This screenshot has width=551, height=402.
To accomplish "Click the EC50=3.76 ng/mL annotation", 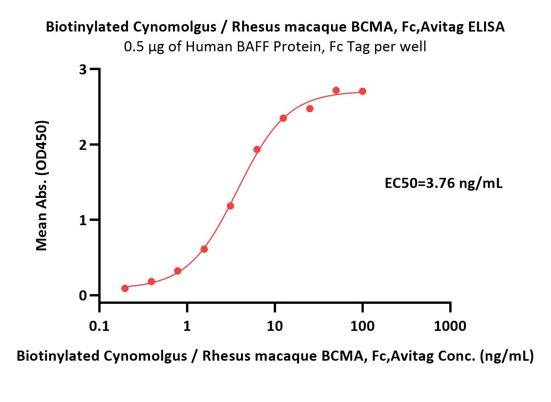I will point(443,183).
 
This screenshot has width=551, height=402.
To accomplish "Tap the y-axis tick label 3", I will point(83,70).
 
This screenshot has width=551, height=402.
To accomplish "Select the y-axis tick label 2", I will point(83,145).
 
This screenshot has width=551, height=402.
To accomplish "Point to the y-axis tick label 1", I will point(83,220).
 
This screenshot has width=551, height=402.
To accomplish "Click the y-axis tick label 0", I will point(83,296).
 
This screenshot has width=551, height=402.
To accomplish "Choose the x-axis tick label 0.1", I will point(99,326).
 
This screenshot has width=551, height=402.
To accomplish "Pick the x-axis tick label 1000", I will point(450,326).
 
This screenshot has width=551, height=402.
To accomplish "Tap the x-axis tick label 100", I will point(362,326).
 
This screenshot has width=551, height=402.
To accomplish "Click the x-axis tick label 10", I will point(275,326).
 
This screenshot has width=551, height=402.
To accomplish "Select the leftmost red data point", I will point(125,288).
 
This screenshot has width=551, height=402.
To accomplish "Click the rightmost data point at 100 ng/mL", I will point(362,92).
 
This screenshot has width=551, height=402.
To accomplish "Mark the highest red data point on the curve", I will point(336,90).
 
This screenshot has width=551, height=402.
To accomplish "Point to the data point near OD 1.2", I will point(230,206).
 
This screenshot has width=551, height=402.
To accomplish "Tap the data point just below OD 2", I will point(257,150).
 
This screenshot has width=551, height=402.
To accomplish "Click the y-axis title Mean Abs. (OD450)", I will point(42,185).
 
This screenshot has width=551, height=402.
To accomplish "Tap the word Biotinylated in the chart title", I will point(87,27).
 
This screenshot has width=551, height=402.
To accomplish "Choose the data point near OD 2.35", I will point(283,118).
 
